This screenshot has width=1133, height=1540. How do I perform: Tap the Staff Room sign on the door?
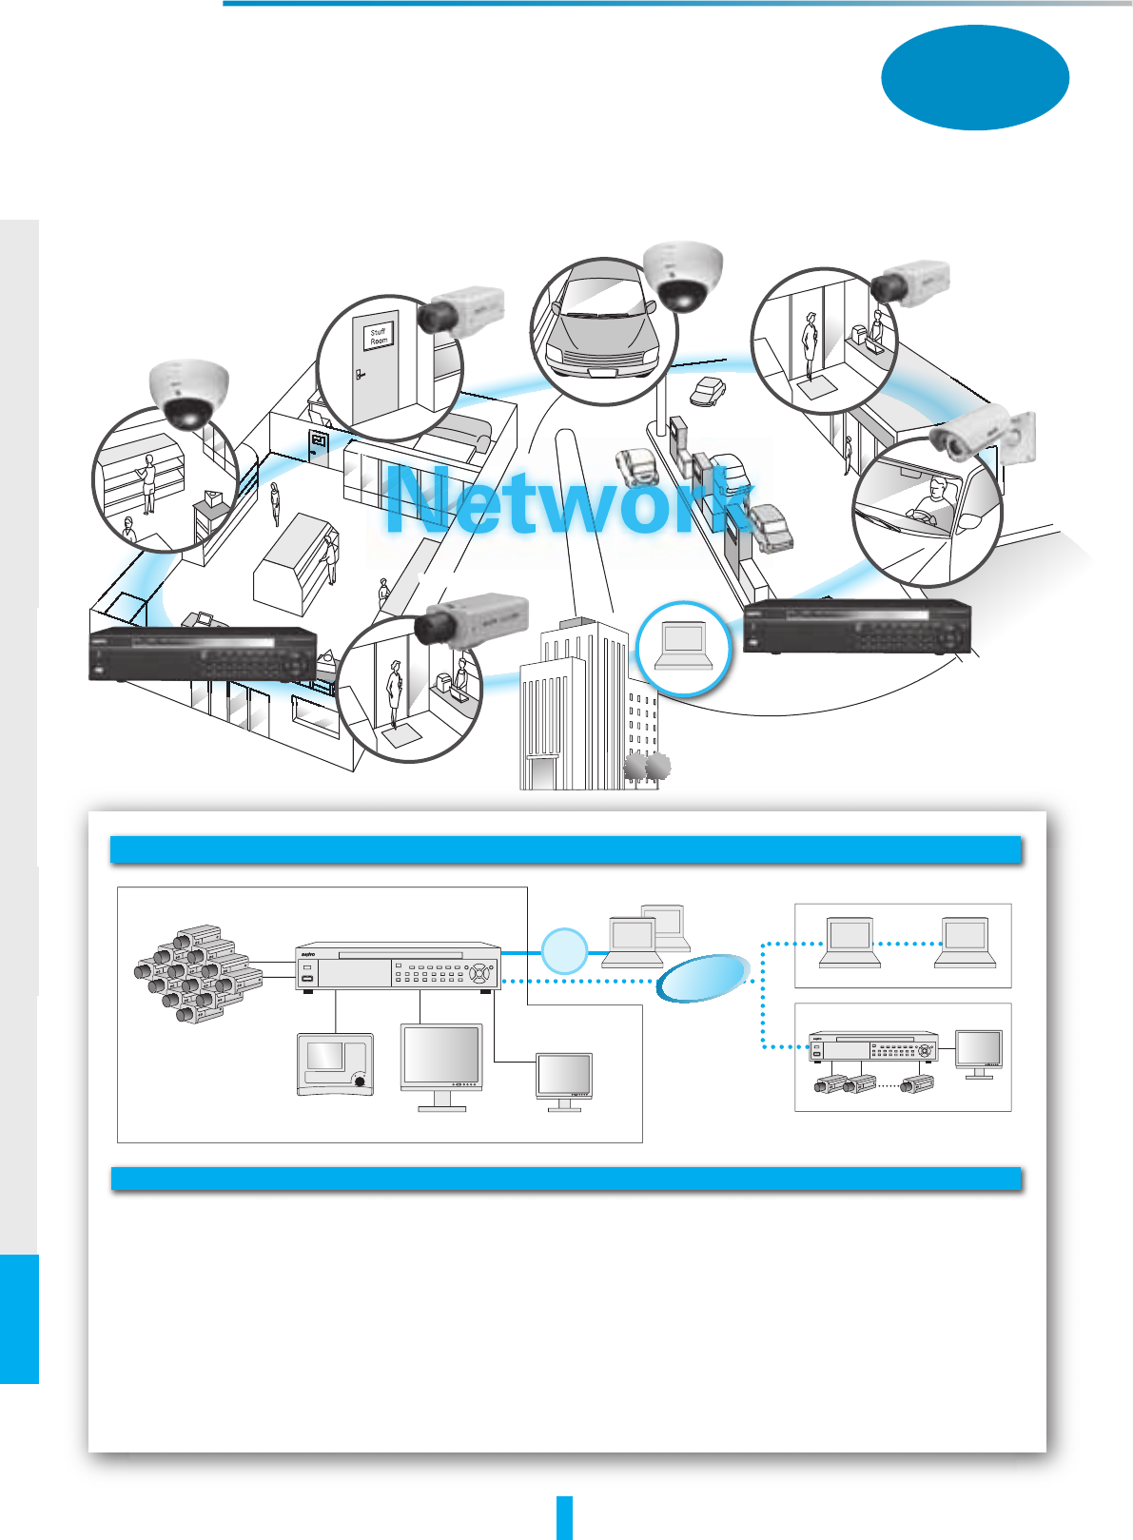(x=379, y=337)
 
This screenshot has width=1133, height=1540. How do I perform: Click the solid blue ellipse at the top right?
(x=975, y=77)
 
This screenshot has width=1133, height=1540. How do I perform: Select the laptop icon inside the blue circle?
(x=683, y=647)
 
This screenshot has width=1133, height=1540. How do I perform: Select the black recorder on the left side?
(x=203, y=654)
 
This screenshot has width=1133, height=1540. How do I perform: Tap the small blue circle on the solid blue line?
(x=564, y=951)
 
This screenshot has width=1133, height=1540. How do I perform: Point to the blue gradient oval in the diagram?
(x=703, y=979)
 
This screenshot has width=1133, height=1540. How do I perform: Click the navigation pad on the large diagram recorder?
(x=482, y=973)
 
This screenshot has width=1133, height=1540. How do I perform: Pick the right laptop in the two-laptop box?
(x=964, y=943)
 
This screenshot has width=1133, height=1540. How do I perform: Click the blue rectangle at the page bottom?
(x=564, y=1517)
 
